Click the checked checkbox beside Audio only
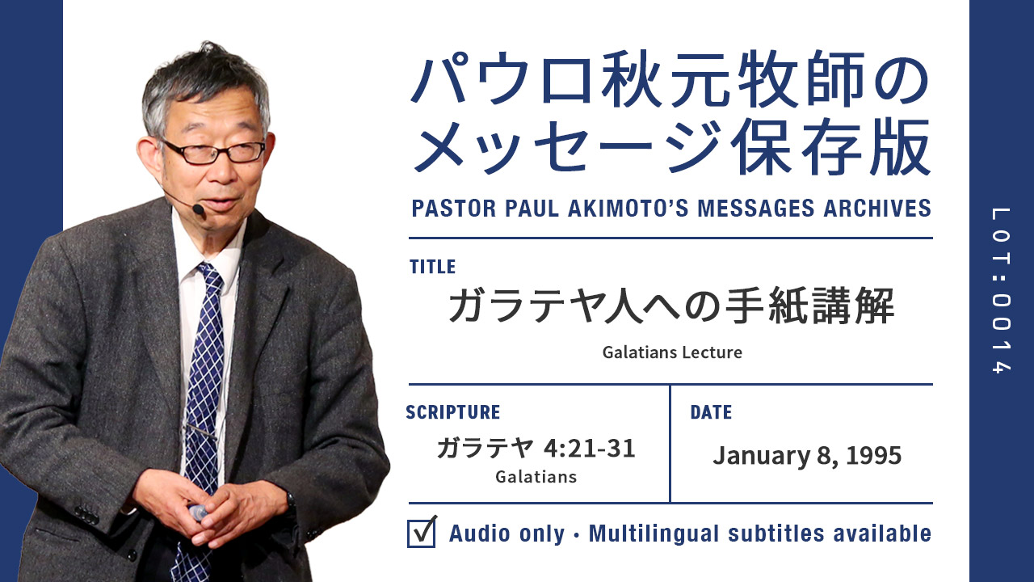(422, 533)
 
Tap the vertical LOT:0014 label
(1001, 290)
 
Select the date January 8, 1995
(807, 455)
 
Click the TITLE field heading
(432, 267)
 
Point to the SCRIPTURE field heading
(453, 412)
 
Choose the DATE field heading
(711, 412)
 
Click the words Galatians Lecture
(672, 352)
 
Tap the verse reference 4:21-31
(589, 448)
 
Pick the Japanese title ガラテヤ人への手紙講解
(671, 305)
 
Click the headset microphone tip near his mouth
(199, 209)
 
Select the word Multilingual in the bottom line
(654, 533)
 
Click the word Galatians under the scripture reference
(536, 477)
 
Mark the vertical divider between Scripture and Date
(670, 444)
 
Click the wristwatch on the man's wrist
(290, 504)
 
